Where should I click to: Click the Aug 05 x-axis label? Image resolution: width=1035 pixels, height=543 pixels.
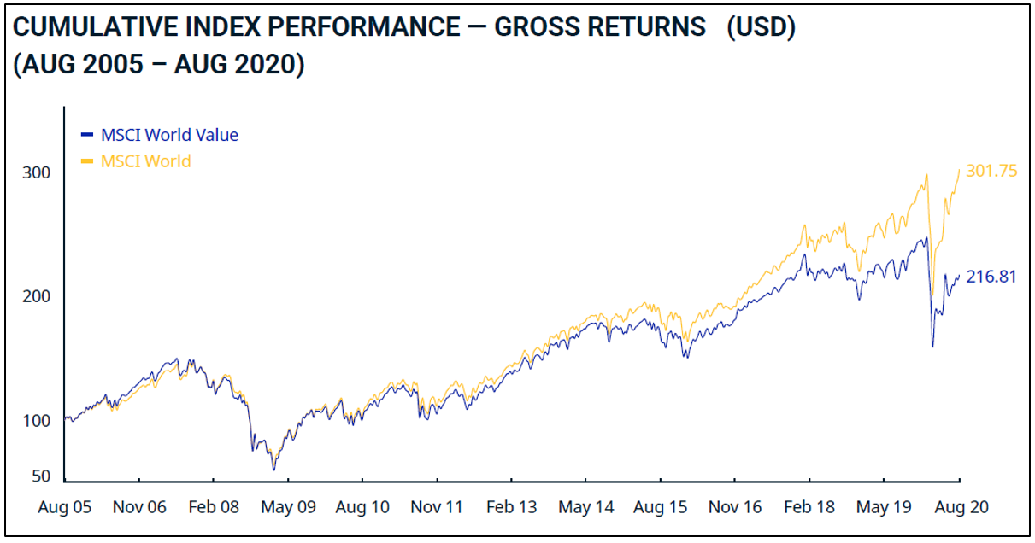point(64,507)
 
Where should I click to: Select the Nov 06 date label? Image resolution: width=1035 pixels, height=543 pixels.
point(139,507)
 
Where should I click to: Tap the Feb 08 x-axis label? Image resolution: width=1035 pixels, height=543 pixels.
point(214,507)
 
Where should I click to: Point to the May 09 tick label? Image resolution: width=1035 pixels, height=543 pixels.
point(288,507)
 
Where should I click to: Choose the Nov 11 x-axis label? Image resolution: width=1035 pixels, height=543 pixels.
point(437,507)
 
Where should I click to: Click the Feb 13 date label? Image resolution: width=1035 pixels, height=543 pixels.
point(512,507)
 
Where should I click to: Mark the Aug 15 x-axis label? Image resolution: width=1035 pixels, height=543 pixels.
point(661,507)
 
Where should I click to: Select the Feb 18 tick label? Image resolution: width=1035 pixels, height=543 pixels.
point(809,507)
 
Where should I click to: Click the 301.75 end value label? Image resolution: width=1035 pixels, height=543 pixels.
point(991,172)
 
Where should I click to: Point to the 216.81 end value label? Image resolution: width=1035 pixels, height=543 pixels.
point(991,277)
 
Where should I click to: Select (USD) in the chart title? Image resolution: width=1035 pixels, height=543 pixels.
point(762,27)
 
